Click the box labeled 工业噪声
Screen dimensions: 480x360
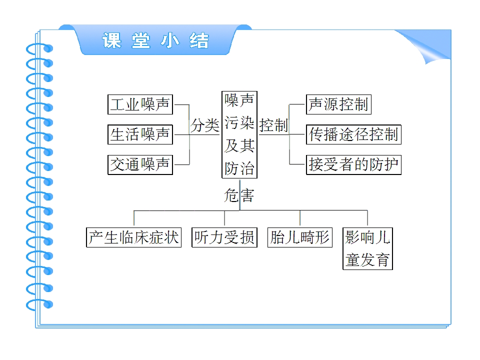[x=140, y=104]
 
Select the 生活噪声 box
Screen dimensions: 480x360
[x=140, y=134]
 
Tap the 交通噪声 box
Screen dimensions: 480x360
[x=140, y=164]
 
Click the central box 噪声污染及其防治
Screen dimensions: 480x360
[x=239, y=134]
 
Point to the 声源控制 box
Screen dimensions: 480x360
[x=338, y=104]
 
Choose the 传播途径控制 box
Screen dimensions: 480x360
[x=353, y=134]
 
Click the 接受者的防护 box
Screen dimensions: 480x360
[x=353, y=164]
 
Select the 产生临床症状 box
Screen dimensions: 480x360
[x=134, y=237]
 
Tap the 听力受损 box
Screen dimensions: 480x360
[x=224, y=237]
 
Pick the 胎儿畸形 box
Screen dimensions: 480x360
[x=300, y=237]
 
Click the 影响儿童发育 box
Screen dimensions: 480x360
[x=367, y=248]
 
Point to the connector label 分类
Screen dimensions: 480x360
[x=205, y=125]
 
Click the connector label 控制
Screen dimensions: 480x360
[x=273, y=125]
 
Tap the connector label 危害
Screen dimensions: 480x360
[x=239, y=195]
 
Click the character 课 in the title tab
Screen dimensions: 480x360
[x=111, y=40]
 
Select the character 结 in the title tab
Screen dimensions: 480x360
[x=199, y=40]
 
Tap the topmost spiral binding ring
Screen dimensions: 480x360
[x=39, y=49]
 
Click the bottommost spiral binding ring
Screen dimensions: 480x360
[x=39, y=305]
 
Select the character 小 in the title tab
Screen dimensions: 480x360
[x=170, y=40]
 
